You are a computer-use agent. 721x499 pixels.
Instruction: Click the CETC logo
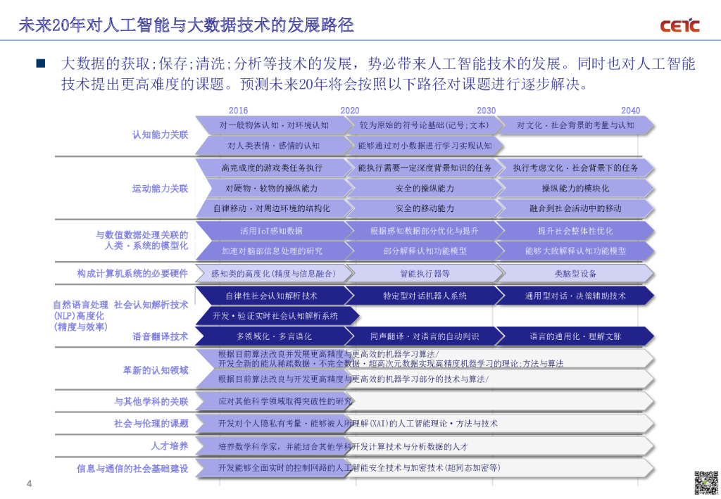click(x=679, y=26)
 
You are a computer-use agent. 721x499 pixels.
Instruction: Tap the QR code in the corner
click(x=706, y=483)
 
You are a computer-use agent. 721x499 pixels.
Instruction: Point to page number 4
click(x=29, y=484)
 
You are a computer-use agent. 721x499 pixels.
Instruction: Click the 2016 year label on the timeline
click(x=238, y=110)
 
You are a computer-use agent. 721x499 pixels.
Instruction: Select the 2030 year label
click(x=486, y=110)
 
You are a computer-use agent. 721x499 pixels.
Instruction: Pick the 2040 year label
click(x=630, y=110)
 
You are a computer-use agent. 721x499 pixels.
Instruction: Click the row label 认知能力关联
click(x=160, y=134)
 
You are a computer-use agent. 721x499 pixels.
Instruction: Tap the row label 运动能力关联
click(x=160, y=189)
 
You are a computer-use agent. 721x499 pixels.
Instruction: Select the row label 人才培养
click(x=169, y=446)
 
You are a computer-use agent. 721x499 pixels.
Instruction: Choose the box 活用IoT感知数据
click(x=272, y=231)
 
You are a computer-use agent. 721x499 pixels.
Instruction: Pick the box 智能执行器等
click(x=425, y=274)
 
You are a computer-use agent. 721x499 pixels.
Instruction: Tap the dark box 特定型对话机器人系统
click(x=425, y=296)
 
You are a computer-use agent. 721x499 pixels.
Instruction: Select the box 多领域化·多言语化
click(x=274, y=336)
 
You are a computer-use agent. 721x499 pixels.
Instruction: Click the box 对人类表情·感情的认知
click(x=274, y=146)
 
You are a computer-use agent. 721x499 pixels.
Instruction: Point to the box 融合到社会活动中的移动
click(x=575, y=208)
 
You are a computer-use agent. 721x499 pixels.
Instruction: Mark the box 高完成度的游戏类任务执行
click(x=272, y=168)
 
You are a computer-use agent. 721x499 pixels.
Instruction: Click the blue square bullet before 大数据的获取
click(x=40, y=64)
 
